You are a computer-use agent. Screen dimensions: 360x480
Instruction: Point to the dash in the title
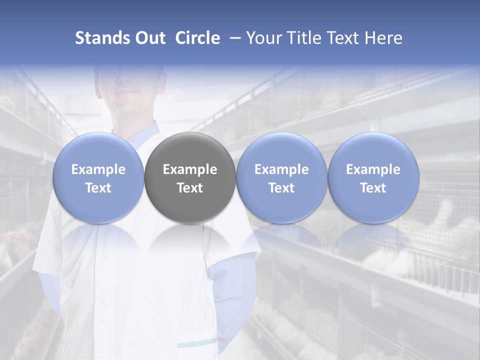point(233,38)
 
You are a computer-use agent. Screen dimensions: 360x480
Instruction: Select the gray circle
point(189,177)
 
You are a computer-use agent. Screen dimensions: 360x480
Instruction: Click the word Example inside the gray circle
point(190,169)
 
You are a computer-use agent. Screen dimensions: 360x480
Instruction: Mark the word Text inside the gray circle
point(190,188)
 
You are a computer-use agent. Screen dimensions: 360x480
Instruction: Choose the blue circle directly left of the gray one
point(98,177)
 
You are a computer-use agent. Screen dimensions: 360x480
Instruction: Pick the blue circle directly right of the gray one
point(281,177)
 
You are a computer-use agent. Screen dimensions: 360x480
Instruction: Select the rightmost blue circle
point(373,177)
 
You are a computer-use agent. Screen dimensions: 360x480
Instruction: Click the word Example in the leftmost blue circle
point(98,169)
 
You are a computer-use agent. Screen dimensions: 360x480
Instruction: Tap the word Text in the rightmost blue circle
point(373,188)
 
